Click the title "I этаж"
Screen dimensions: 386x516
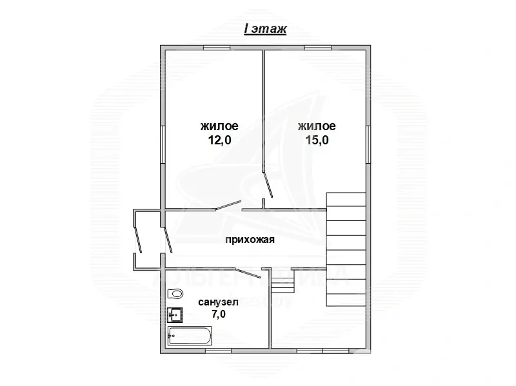click(264, 28)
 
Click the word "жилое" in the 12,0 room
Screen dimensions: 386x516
click(219, 126)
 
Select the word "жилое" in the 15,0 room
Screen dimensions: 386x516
click(316, 126)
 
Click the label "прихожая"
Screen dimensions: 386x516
click(250, 240)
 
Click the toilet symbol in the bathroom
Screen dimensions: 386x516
click(174, 294)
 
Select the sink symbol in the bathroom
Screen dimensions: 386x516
click(175, 314)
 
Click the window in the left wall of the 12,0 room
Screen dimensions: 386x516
click(161, 145)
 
